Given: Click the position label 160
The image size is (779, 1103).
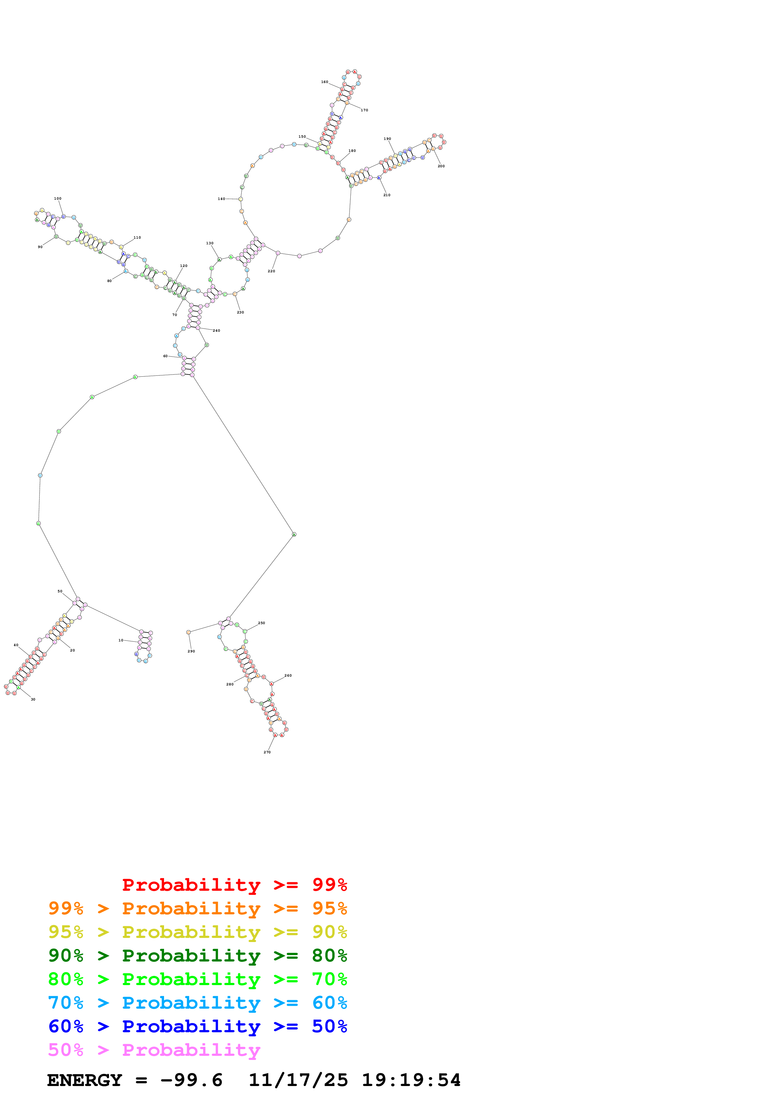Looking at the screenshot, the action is (x=325, y=82).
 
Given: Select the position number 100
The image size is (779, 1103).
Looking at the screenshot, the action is (x=58, y=198).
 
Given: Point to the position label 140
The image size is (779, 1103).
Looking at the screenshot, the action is (x=221, y=199).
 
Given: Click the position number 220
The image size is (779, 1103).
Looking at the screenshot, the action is (x=271, y=271).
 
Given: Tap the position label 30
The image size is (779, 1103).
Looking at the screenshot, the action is (x=33, y=700).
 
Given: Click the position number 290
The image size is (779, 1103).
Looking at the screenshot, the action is (x=191, y=651).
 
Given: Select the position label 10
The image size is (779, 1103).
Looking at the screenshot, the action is (x=121, y=640).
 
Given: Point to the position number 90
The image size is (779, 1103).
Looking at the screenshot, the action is (x=40, y=247).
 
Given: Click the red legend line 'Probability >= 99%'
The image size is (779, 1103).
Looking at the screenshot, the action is (x=234, y=885).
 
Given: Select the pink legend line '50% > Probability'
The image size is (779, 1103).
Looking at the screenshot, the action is (x=154, y=1050).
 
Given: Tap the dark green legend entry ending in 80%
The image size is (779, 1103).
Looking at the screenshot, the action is (x=197, y=956).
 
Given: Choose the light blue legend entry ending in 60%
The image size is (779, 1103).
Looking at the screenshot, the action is (x=197, y=1003).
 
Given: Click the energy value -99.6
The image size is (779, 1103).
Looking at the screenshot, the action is (x=191, y=1080).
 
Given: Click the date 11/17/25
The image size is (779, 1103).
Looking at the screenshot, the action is (x=298, y=1080).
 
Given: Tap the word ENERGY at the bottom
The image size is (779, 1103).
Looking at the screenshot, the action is (x=85, y=1080).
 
